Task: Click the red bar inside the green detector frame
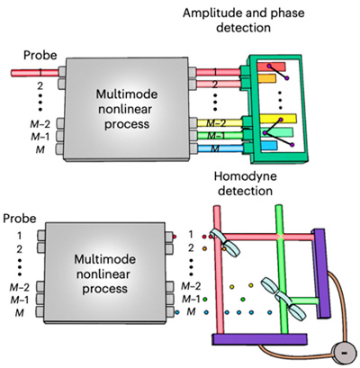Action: [271, 67]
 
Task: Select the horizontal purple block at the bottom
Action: [261, 339]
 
